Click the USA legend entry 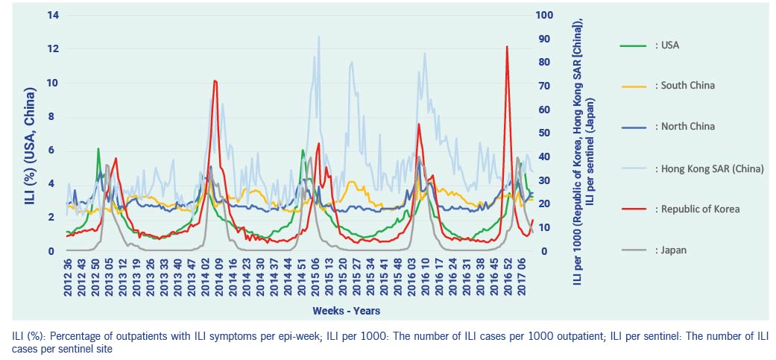pos(666,45)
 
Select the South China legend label pos(684,86)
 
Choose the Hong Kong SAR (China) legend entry pos(709,168)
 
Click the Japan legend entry pos(670,250)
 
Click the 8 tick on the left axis pos(52,116)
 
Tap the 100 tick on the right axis pos(545,15)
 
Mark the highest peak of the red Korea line pos(507,46)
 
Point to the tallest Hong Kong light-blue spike pos(319,37)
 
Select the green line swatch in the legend pos(632,45)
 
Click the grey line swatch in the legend pos(632,250)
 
